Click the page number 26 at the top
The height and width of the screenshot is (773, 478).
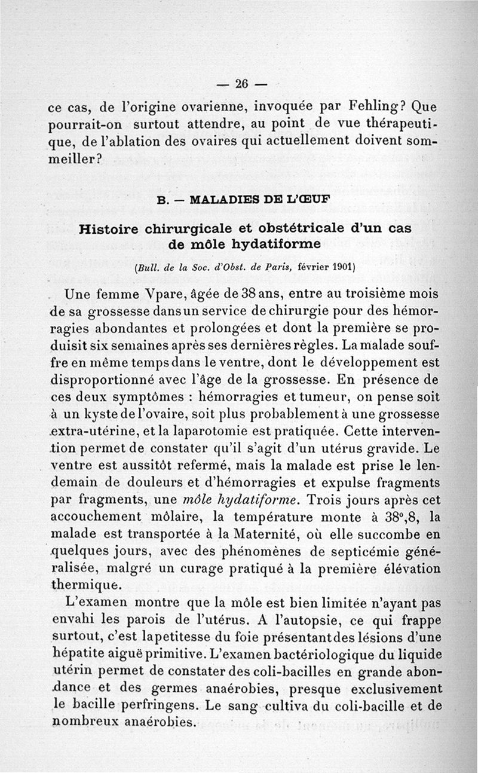(x=241, y=83)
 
